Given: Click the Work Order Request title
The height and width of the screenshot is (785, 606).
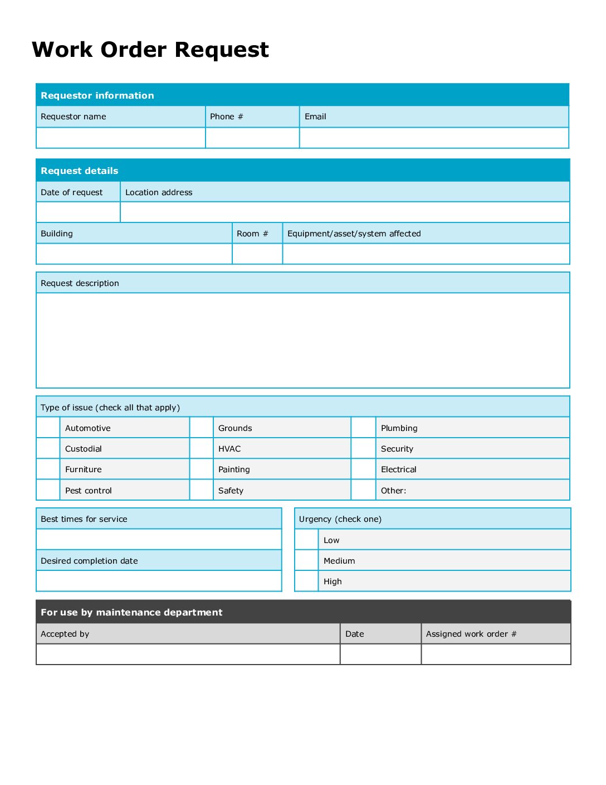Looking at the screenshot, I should point(150,50).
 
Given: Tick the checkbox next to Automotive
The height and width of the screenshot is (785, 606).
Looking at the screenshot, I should point(48,428).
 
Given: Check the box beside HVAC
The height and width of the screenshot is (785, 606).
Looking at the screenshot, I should point(202,449).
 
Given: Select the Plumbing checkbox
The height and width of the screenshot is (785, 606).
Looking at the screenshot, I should point(363,428).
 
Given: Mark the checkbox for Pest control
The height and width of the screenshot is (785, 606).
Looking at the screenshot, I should point(48,490).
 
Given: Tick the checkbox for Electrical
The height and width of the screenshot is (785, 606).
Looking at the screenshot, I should point(363,469).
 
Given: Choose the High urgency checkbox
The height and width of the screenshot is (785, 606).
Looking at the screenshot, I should point(306,581).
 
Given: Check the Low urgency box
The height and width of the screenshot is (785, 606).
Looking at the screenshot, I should point(306,540).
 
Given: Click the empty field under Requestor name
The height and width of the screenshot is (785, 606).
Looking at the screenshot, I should point(121,138).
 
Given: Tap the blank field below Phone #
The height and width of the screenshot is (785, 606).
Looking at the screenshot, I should point(252,138).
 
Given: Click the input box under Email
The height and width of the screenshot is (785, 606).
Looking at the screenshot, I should point(434,138).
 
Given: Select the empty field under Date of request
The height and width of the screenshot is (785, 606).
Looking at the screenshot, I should point(78,212).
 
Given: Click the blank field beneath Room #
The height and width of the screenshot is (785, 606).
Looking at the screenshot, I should point(257,254).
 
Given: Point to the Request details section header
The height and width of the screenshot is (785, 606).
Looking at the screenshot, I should point(80,171).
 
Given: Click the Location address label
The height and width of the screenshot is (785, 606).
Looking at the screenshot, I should point(159,192).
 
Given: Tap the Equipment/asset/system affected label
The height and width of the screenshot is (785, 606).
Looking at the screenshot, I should point(354,234).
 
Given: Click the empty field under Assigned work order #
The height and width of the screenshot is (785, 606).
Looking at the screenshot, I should point(496,654).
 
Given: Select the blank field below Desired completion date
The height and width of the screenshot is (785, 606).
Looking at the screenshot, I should point(159,581).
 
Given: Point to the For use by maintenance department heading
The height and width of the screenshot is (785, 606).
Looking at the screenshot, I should point(131,612).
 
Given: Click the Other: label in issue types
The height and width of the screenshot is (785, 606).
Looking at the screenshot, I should point(393,491).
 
